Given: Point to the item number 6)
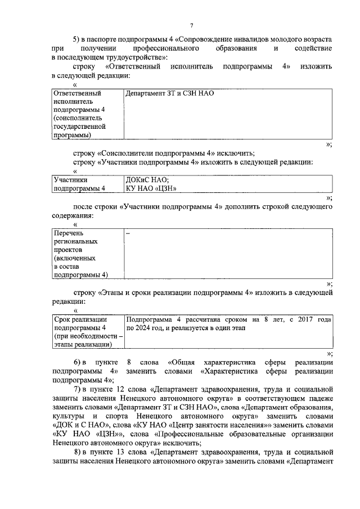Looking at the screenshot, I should [x=79, y=362].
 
